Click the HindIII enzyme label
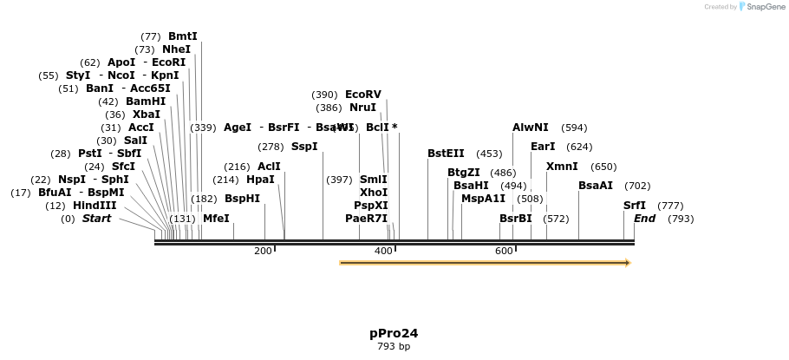95,206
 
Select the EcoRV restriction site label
362,95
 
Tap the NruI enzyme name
362,108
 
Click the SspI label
304,147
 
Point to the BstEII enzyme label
446,154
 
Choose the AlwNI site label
530,128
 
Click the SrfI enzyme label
635,206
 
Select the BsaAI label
596,186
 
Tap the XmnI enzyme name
562,167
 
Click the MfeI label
216,219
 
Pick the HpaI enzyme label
260,180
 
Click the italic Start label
96,219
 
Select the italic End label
644,219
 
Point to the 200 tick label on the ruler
263,251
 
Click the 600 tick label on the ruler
504,251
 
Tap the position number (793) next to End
681,219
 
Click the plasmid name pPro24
394,333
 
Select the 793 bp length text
394,347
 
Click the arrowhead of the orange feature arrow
627,262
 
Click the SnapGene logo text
765,7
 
